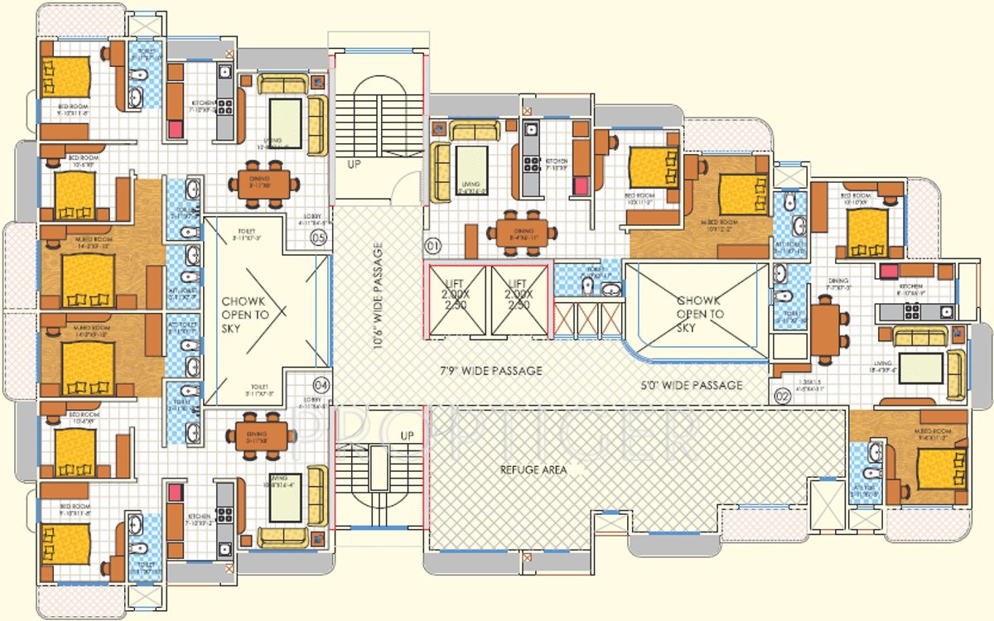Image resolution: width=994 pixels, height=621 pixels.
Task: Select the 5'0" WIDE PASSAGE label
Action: (692, 385)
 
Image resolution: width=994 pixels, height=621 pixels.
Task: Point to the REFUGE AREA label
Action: (533, 469)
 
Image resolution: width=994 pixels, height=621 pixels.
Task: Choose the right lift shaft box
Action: (519, 301)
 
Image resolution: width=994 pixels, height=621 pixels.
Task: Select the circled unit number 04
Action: (321, 384)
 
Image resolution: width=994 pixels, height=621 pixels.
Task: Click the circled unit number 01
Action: (432, 246)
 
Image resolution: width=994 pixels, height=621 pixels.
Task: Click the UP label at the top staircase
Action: (355, 164)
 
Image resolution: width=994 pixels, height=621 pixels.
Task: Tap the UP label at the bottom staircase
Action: (407, 436)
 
